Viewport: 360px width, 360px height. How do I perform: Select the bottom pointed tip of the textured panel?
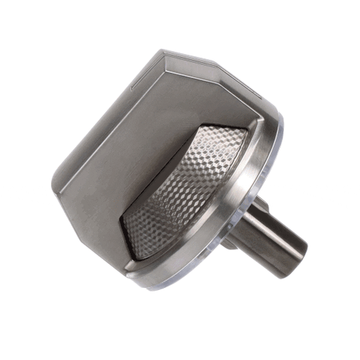tap(136, 258)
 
